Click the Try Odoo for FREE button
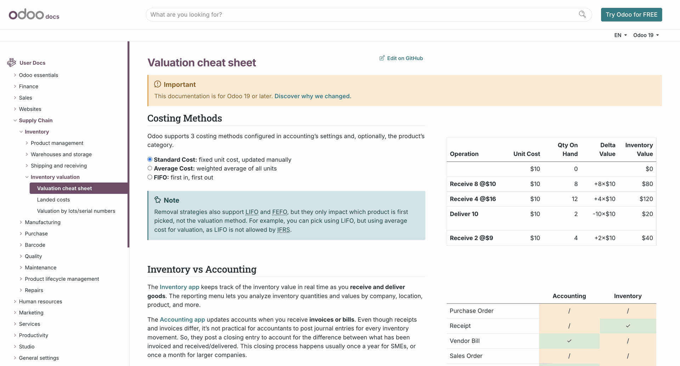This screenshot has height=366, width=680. click(x=631, y=14)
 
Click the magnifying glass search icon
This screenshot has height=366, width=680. click(x=582, y=14)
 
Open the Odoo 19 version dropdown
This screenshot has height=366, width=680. click(x=646, y=35)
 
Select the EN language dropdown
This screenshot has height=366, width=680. click(x=620, y=35)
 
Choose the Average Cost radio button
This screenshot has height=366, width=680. click(x=150, y=168)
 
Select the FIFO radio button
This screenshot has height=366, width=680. click(x=150, y=177)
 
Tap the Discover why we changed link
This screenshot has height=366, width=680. click(x=313, y=96)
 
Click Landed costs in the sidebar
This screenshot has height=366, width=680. click(x=53, y=200)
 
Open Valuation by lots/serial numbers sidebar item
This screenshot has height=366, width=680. click(x=76, y=211)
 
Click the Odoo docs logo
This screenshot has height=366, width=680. click(x=34, y=15)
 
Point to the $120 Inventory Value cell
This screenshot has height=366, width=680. click(x=646, y=199)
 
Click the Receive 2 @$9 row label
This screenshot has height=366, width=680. click(x=471, y=238)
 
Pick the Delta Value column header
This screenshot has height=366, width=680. click(x=607, y=149)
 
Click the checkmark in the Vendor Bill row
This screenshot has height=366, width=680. click(x=569, y=341)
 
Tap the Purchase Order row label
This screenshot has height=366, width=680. click(x=471, y=311)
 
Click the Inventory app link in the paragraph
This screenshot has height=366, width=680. click(x=179, y=287)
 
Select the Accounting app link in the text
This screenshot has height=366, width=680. click(x=182, y=320)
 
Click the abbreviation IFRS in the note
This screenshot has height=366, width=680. click(x=283, y=230)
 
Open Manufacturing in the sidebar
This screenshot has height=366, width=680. click(x=42, y=222)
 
